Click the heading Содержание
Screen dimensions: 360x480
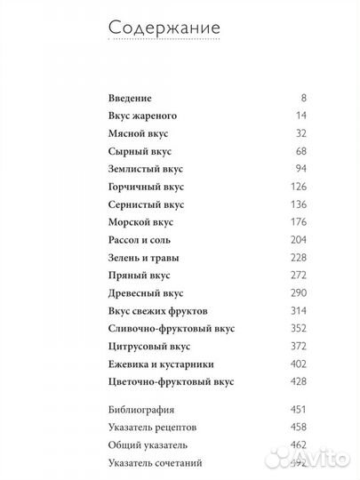(x=165, y=28)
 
